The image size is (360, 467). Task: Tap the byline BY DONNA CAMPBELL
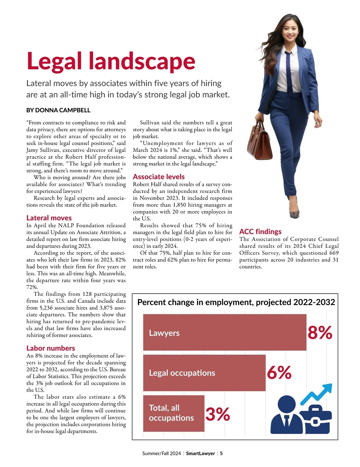(x=58, y=110)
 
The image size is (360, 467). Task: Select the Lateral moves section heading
(x=49, y=218)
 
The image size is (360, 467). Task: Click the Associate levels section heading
(x=159, y=177)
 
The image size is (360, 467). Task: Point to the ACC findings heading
(x=260, y=231)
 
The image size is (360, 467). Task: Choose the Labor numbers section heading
(x=51, y=348)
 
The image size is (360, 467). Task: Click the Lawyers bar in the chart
(x=224, y=332)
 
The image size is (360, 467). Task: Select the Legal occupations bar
(x=204, y=373)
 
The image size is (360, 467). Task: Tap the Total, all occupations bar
(x=173, y=413)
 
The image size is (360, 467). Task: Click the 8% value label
(x=320, y=332)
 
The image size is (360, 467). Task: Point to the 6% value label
(x=279, y=373)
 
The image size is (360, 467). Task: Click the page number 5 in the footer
(x=221, y=453)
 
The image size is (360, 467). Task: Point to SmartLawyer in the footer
(x=200, y=453)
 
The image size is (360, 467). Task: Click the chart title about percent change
(x=236, y=302)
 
